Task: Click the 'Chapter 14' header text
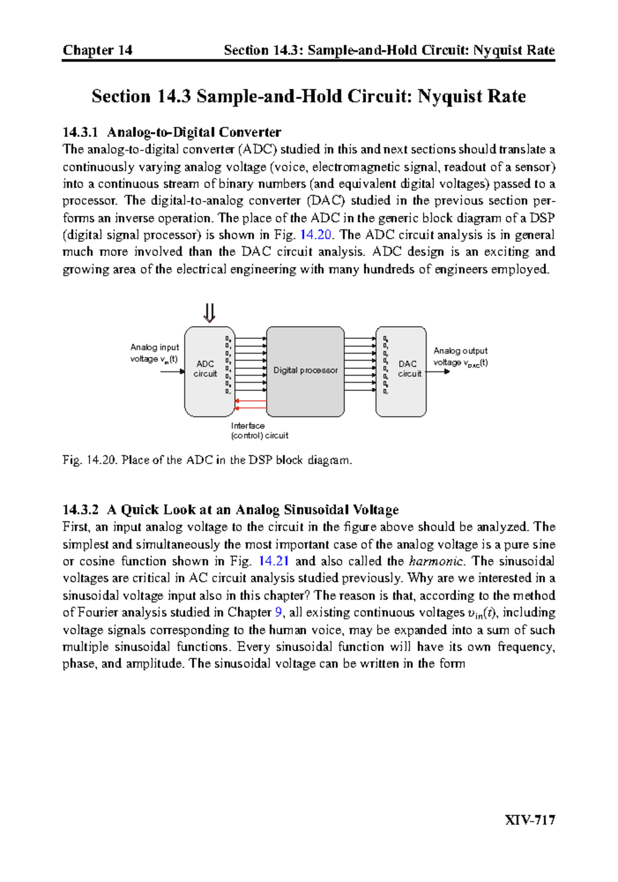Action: click(97, 50)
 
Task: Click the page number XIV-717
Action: click(530, 820)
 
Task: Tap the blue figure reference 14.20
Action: click(316, 235)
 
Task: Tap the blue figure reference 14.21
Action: click(273, 561)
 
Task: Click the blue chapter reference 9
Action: click(279, 613)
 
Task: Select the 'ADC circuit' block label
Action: click(205, 369)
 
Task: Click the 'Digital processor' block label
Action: click(305, 370)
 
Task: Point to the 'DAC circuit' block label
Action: click(409, 369)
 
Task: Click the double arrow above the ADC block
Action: click(209, 313)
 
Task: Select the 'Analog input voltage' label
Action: click(154, 353)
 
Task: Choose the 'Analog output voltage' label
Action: click(460, 357)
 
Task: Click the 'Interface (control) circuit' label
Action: click(259, 431)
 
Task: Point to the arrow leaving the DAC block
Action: click(438, 371)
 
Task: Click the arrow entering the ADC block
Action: click(173, 371)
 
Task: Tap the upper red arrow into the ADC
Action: click(251, 401)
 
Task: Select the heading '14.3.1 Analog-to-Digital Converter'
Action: click(171, 132)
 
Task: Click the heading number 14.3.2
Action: click(80, 510)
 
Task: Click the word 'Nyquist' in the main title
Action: click(445, 96)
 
